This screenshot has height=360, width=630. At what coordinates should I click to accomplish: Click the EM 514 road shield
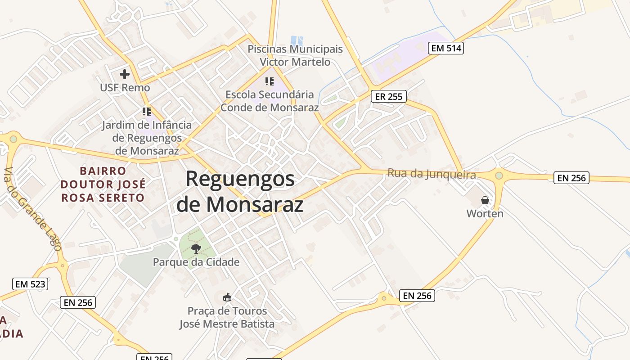coord(446,48)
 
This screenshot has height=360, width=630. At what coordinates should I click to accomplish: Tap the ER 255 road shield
coord(389,96)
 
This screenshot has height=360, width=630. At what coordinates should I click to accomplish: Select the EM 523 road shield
coord(30,284)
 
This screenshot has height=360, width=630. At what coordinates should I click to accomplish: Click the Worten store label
coord(485,213)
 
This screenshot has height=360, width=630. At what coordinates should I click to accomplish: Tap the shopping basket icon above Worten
coord(485,200)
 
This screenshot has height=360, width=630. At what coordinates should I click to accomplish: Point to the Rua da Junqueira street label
coord(432,174)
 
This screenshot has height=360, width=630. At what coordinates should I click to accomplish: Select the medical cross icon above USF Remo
coord(125,74)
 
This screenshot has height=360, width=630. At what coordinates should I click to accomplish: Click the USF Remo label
coord(125,87)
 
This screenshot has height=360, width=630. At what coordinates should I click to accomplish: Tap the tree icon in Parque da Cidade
coord(196,248)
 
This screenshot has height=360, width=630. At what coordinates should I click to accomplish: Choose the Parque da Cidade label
coord(196,262)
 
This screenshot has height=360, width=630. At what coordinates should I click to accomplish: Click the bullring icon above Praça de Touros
coord(227,297)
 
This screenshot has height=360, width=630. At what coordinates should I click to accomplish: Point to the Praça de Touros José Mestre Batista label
coord(227,317)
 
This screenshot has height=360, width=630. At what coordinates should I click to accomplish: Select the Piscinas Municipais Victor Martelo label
coord(295,55)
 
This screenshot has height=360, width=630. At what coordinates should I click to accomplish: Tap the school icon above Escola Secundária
coord(270,81)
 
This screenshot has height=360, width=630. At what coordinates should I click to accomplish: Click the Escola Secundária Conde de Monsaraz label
coord(270,101)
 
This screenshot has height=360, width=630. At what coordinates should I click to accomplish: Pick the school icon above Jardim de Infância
coord(146,111)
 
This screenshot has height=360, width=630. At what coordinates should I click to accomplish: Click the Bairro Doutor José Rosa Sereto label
coord(103,184)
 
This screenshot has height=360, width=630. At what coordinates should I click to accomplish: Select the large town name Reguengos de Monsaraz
coord(240,191)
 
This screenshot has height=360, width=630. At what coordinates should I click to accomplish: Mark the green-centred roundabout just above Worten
coord(499,175)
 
